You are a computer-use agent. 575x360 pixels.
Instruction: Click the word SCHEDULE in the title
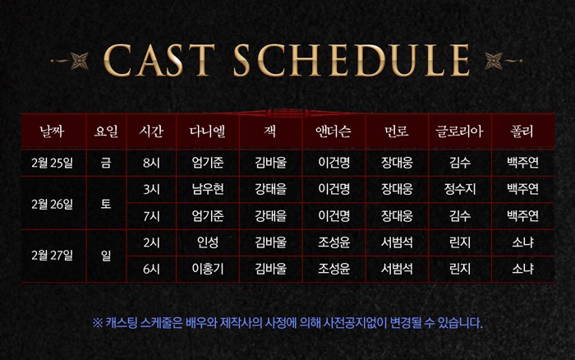(352, 60)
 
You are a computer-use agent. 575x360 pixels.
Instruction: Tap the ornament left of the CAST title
(71, 61)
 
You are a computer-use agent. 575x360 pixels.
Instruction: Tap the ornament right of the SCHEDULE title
(503, 61)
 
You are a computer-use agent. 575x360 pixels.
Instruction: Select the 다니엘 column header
(208, 131)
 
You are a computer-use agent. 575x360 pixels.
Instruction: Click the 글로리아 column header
(459, 131)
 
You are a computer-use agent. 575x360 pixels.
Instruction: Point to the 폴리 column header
(522, 131)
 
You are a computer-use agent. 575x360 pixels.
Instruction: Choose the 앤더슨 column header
(333, 131)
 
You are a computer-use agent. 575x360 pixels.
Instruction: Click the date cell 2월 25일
(52, 163)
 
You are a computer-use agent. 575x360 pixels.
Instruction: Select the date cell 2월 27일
(52, 256)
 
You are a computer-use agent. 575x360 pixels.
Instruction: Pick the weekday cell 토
(106, 204)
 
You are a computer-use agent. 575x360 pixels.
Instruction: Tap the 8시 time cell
(151, 163)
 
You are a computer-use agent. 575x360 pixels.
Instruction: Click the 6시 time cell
(151, 269)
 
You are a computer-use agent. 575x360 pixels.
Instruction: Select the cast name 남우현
(208, 189)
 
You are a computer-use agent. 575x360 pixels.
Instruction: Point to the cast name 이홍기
(208, 269)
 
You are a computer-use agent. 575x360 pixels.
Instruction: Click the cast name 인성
(208, 242)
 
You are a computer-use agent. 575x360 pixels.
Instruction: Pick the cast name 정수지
(460, 189)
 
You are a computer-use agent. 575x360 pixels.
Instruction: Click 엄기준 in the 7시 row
(208, 216)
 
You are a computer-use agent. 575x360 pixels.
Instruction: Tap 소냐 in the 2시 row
(522, 242)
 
